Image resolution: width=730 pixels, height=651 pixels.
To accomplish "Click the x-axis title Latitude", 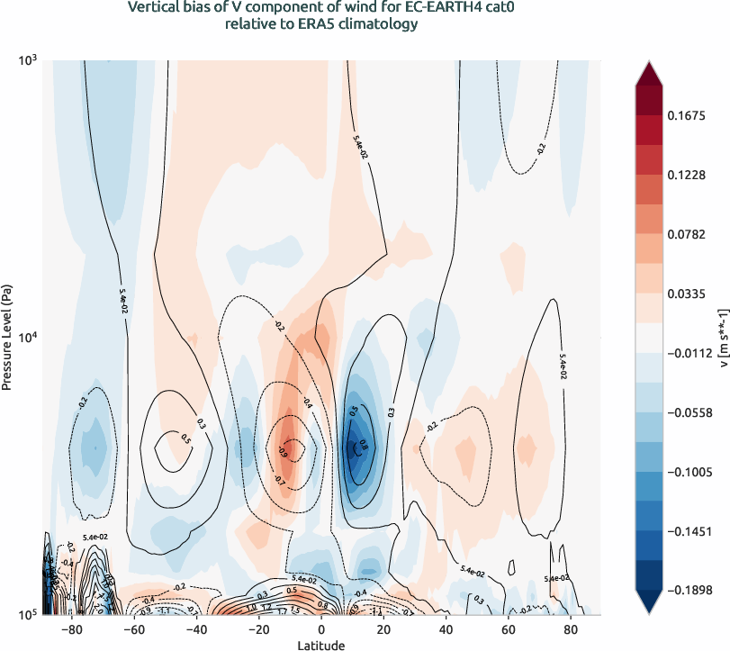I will click(321, 645).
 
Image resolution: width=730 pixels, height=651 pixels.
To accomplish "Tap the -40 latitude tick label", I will click(196, 629).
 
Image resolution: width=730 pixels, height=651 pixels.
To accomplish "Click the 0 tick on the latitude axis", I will click(321, 629).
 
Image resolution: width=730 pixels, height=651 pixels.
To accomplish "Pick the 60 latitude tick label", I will click(508, 629).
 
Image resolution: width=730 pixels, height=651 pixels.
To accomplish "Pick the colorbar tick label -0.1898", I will click(689, 590).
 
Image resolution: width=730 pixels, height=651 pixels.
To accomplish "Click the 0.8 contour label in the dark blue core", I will click(364, 444).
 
